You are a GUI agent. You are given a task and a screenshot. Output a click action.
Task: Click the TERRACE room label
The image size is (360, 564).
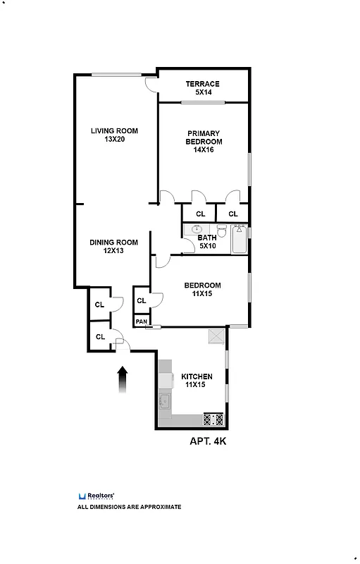click(202, 84)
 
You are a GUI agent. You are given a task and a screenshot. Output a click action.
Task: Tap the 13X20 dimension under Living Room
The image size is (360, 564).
click(114, 140)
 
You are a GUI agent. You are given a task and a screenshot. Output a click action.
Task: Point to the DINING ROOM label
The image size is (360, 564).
click(113, 242)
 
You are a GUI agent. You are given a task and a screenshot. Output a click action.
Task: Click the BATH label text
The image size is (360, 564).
click(207, 238)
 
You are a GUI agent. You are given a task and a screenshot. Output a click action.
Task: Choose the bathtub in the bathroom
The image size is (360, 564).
click(239, 239)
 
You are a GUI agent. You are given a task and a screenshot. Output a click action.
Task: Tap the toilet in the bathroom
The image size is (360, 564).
click(221, 230)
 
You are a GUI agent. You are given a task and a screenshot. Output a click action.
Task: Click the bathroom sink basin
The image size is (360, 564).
click(197, 229)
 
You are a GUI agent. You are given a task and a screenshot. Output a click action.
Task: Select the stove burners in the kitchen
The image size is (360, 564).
click(213, 419)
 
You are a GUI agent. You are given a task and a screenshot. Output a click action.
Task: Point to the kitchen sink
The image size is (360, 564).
click(165, 403)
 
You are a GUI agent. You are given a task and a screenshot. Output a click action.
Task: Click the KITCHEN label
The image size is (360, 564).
click(197, 376)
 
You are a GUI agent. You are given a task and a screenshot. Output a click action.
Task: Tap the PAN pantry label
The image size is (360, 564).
click(142, 321)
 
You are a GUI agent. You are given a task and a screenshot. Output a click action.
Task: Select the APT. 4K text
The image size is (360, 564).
click(207, 441)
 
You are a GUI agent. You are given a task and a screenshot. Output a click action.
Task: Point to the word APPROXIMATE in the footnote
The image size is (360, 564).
click(159, 507)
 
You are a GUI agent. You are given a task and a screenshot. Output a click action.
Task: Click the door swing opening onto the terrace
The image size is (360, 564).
click(151, 84)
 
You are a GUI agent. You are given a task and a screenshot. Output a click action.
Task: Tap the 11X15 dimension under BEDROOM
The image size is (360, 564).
click(202, 294)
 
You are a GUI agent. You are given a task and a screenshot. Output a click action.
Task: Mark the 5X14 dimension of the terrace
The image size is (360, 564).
click(202, 92)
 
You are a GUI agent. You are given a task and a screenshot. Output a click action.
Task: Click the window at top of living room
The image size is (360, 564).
click(115, 75)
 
